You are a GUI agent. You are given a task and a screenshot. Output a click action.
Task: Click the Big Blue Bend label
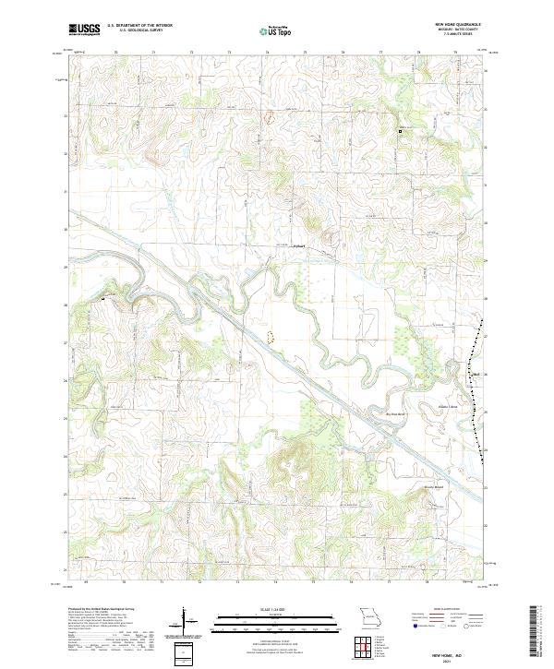pos(395,414)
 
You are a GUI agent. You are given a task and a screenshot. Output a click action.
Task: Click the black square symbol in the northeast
pos(400,132)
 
